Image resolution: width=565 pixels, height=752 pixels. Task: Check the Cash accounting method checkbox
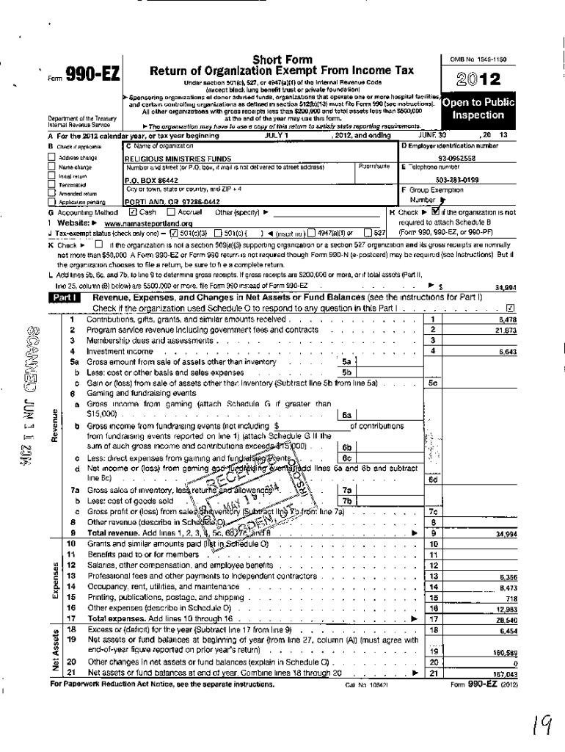[133, 212]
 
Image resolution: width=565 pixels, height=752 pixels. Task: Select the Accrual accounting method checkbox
[170, 212]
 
